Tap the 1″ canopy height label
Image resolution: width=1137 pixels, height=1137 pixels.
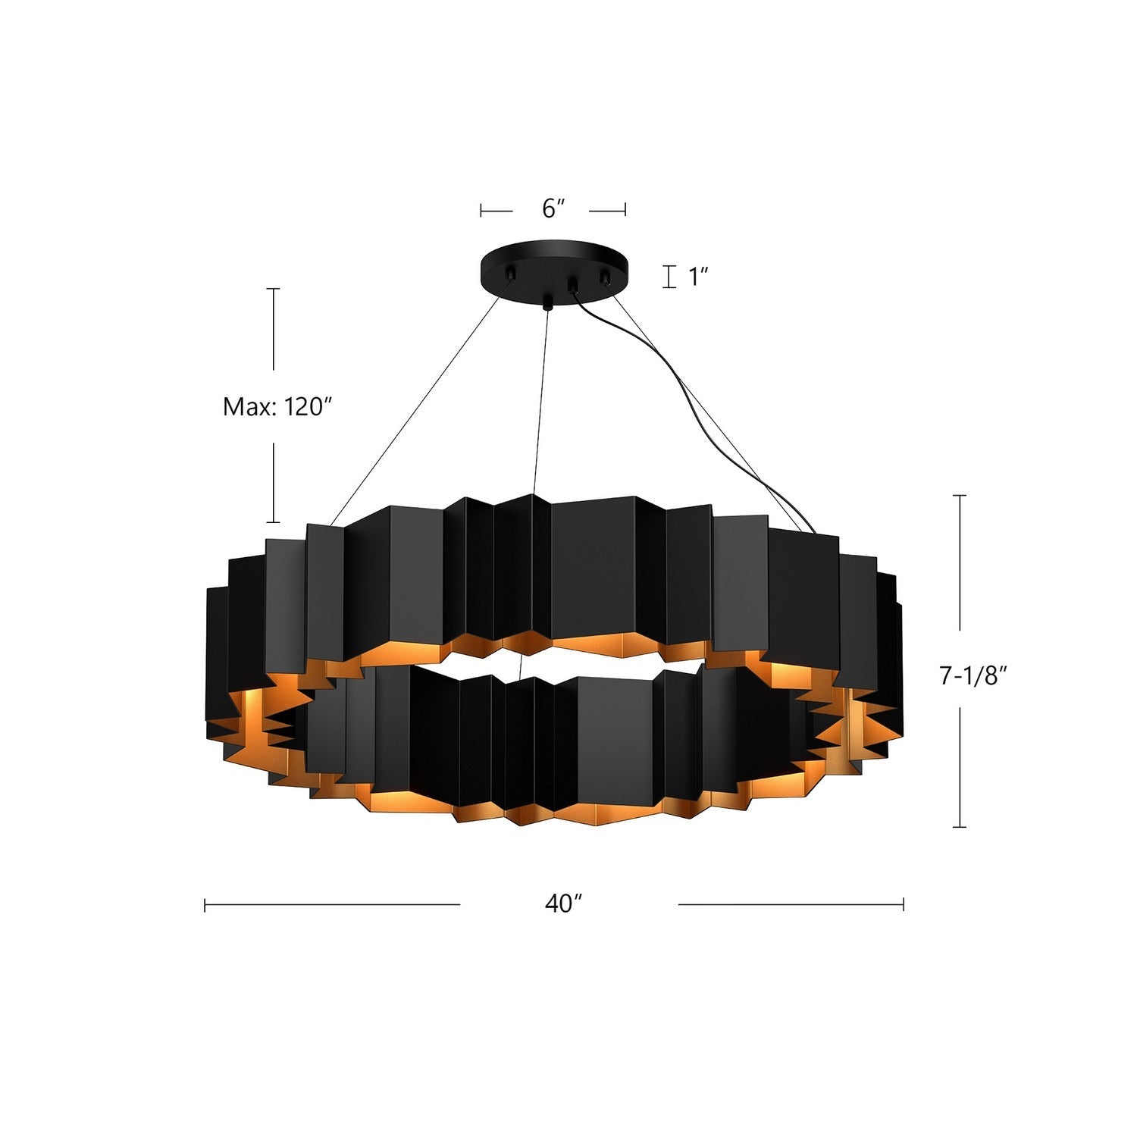(697, 277)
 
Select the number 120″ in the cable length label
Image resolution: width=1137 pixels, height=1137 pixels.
(309, 407)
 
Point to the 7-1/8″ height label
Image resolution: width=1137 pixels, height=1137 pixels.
(973, 675)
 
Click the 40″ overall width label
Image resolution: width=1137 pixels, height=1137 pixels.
(563, 904)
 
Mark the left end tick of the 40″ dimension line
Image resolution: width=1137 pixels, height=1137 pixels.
(205, 904)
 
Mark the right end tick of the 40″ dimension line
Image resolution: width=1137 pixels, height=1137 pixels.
(903, 904)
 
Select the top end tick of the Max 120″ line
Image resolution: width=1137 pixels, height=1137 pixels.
(273, 289)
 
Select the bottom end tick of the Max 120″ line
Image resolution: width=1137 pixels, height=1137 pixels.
(273, 522)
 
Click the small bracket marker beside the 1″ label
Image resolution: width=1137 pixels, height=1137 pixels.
(669, 277)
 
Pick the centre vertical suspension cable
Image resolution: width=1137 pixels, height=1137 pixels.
(540, 402)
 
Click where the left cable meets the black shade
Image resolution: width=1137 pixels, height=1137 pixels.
(331, 524)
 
